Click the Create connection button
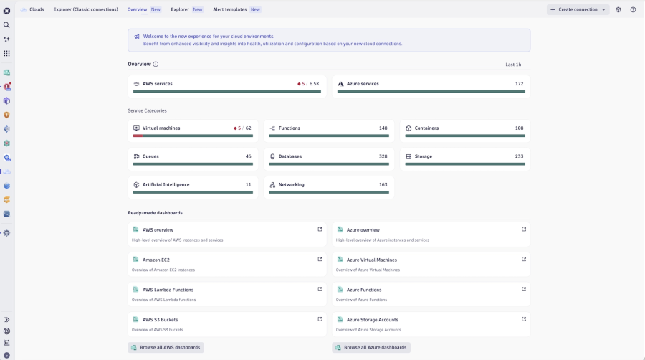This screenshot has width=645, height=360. tap(578, 9)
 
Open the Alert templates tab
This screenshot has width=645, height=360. tap(229, 9)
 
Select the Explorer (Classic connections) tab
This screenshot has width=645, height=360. tap(85, 9)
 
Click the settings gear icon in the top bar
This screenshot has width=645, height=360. tap(618, 9)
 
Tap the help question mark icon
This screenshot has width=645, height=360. tap(633, 9)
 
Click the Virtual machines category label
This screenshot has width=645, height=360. tap(161, 128)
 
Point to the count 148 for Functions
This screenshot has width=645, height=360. tap(383, 128)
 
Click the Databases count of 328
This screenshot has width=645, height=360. tap(383, 156)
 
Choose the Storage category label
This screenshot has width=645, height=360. tap(423, 156)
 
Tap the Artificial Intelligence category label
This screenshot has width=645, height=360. tap(166, 184)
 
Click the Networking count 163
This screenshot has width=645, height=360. tap(383, 184)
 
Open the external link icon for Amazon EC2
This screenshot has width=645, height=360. tap(320, 260)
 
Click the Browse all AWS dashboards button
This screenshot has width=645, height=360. tap(166, 347)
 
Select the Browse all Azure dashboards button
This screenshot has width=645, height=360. tap(371, 347)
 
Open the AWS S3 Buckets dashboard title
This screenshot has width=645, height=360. tap(160, 320)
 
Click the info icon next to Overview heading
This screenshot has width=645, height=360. tap(156, 65)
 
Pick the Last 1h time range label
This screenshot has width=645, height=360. tap(513, 65)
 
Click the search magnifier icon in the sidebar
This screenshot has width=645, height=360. tap(6, 25)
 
